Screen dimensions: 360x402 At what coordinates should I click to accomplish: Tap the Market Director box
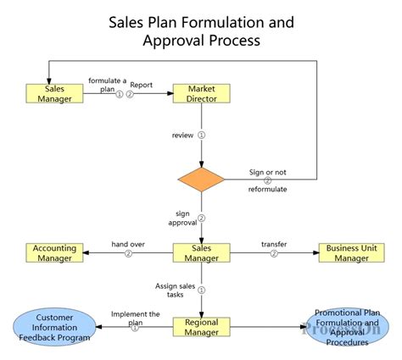click(x=202, y=92)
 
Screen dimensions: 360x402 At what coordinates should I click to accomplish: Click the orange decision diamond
click(x=202, y=179)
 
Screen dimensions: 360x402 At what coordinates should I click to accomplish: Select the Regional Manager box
click(x=202, y=327)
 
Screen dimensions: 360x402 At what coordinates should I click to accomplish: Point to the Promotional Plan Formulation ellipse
click(x=347, y=327)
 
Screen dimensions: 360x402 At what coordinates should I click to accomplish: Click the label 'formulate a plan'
click(x=108, y=84)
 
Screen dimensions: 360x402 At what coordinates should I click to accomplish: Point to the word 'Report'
click(x=142, y=85)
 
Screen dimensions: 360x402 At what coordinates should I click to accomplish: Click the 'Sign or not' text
click(x=267, y=172)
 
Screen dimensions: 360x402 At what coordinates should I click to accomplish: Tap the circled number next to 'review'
click(x=202, y=134)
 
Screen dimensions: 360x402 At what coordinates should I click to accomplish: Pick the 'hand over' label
click(x=128, y=244)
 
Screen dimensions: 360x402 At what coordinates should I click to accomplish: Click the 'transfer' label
click(x=273, y=244)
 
